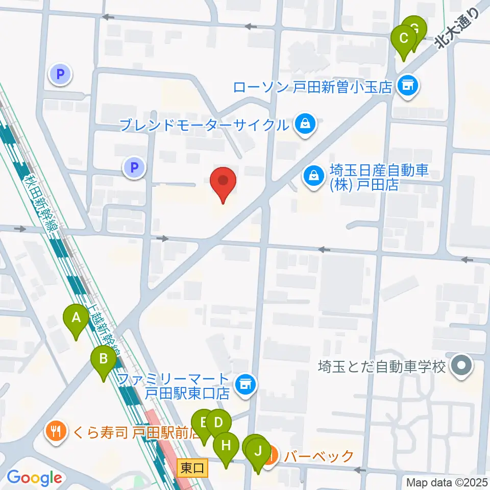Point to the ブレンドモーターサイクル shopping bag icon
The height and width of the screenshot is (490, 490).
pos(305,124)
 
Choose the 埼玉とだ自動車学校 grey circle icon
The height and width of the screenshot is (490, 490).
pos(462,366)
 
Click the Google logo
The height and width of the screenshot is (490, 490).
pos(34,478)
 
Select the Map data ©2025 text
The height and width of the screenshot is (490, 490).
pos(447,481)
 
